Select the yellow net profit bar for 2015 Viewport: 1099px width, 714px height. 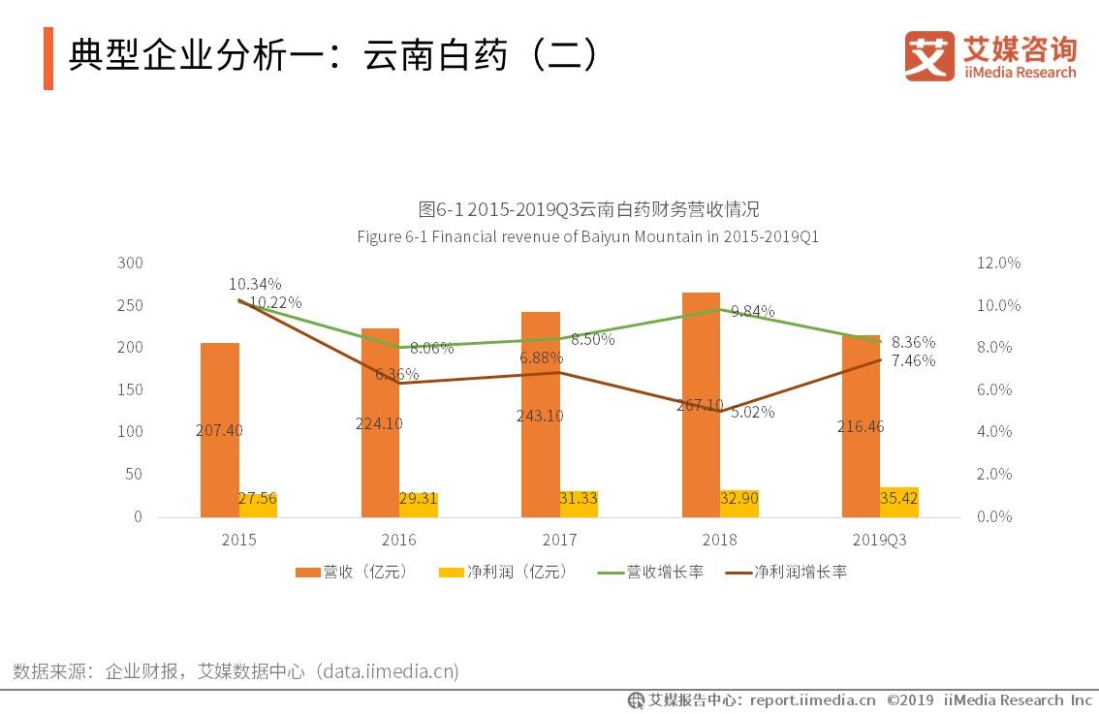258,504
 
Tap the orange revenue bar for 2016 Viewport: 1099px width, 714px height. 380,388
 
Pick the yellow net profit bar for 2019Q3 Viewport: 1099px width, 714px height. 899,502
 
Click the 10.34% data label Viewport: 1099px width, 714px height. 255,284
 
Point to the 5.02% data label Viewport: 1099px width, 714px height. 752,411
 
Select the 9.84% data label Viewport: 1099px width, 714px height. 753,311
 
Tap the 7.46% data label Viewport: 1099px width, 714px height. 913,360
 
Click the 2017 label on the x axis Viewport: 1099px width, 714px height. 559,541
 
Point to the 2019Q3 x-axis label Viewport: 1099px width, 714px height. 880,541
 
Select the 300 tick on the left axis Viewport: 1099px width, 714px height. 130,264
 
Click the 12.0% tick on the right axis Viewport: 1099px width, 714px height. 998,264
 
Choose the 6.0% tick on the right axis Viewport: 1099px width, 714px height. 998,389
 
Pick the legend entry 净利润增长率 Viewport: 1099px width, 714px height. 787,572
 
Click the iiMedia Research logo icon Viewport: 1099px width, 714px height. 928,55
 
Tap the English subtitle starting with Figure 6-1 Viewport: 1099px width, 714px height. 587,236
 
